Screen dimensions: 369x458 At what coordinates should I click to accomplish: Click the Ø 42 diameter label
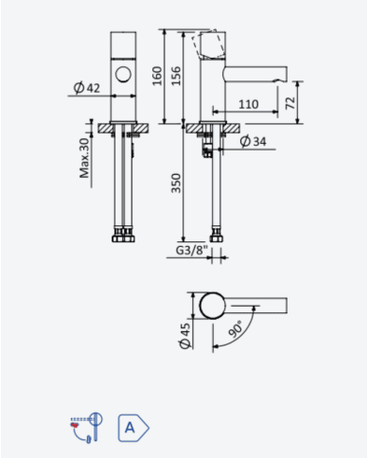click(x=86, y=88)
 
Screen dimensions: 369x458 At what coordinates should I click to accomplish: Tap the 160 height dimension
click(x=157, y=76)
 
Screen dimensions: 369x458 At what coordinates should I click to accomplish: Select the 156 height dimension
click(x=176, y=76)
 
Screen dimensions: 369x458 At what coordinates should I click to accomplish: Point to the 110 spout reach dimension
click(x=249, y=104)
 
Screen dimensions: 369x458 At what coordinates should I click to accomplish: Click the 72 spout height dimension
click(x=290, y=103)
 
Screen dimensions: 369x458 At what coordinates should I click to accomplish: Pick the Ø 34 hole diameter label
click(x=253, y=141)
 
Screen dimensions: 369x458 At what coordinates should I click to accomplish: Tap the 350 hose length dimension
click(x=176, y=183)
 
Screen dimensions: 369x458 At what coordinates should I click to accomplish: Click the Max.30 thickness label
click(x=84, y=158)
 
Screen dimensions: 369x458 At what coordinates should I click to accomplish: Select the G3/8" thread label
click(x=192, y=250)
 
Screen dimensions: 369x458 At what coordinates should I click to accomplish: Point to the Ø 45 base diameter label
click(x=185, y=336)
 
